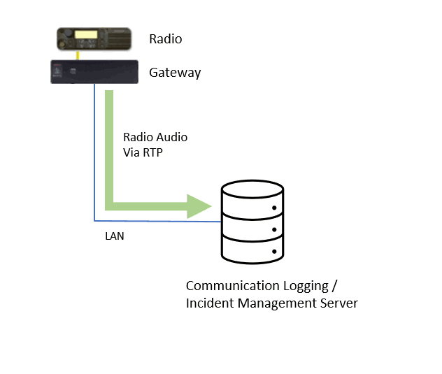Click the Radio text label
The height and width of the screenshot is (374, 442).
[166, 39]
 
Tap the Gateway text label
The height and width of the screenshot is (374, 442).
[175, 73]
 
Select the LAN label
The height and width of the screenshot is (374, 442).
[115, 236]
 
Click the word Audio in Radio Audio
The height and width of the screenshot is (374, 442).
[172, 137]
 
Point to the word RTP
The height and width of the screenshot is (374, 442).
[152, 152]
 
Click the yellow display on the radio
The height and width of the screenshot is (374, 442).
[86, 34]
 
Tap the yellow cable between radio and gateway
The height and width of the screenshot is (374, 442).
[78, 55]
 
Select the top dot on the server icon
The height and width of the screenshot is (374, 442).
[274, 208]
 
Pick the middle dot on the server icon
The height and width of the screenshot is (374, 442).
[274, 230]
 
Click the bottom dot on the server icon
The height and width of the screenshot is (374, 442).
[274, 252]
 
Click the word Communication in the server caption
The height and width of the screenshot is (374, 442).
[233, 286]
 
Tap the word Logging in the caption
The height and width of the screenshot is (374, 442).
[306, 287]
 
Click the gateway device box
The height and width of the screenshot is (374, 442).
[94, 72]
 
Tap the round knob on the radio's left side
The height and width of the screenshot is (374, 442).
[69, 33]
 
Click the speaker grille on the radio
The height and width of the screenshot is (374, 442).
[119, 39]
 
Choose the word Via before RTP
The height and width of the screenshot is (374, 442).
[131, 152]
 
